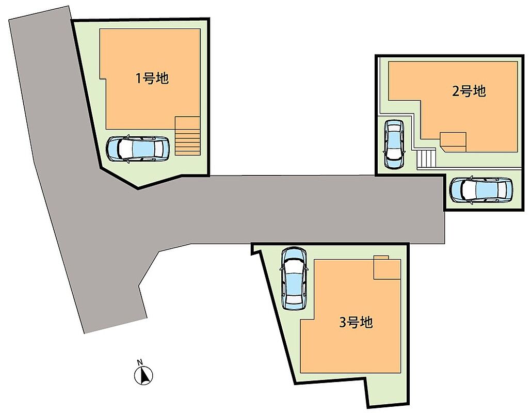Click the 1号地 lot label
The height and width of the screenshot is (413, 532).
[152, 78]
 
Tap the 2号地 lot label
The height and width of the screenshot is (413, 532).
[469, 91]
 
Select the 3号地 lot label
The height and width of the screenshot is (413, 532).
[356, 322]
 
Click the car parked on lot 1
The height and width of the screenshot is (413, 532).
[137, 149]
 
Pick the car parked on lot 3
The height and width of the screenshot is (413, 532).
[294, 278]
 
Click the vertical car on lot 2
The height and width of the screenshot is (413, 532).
[394, 144]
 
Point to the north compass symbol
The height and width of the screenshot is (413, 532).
[143, 375]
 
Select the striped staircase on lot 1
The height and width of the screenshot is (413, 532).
[187, 136]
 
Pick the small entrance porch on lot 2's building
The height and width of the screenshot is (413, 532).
[453, 142]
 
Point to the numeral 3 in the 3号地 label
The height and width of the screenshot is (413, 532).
[343, 322]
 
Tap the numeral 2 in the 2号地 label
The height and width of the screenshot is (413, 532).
[456, 91]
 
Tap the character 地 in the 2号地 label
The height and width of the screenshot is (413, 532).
[480, 91]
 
